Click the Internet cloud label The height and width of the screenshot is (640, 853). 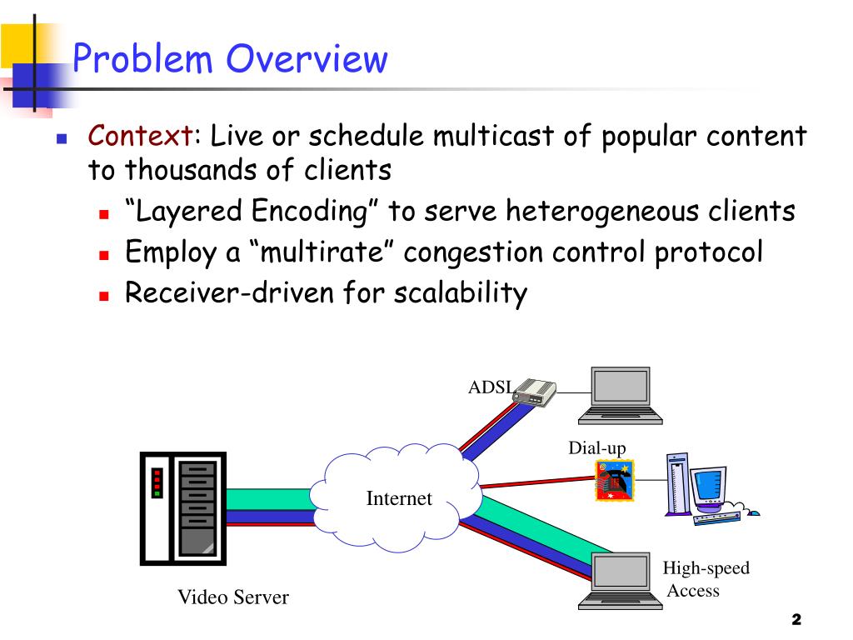399,498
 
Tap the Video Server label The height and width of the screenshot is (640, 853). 233,597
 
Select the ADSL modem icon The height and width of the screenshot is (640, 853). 534,392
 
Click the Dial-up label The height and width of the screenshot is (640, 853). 596,447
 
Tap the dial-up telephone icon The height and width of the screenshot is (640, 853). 614,481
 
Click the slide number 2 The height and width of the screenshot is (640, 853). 796,619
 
